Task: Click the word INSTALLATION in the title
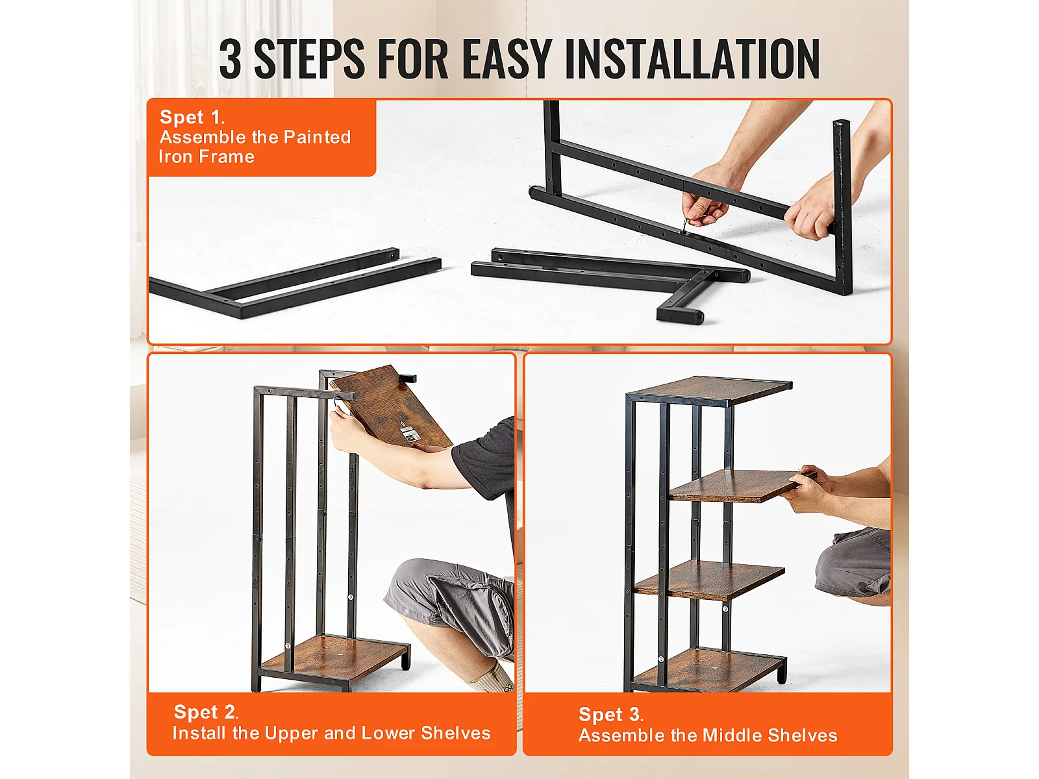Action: (x=692, y=59)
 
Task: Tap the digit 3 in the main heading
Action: (x=231, y=59)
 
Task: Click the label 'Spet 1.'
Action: (x=192, y=117)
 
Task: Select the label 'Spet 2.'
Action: (x=206, y=712)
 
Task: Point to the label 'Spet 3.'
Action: (x=610, y=714)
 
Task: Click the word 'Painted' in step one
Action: (x=317, y=137)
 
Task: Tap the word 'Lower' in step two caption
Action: (x=388, y=733)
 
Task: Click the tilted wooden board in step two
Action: (x=391, y=408)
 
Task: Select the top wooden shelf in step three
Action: (x=710, y=389)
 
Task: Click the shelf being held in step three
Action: (x=738, y=486)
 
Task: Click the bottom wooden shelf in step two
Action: (x=334, y=658)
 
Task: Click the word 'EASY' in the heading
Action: (x=507, y=59)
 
